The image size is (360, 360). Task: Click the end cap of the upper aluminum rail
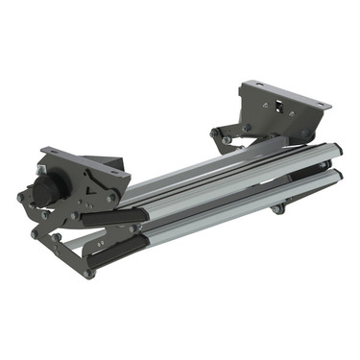(335, 152)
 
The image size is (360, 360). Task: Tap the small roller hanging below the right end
(277, 208)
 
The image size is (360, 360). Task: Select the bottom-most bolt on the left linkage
(88, 274)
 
